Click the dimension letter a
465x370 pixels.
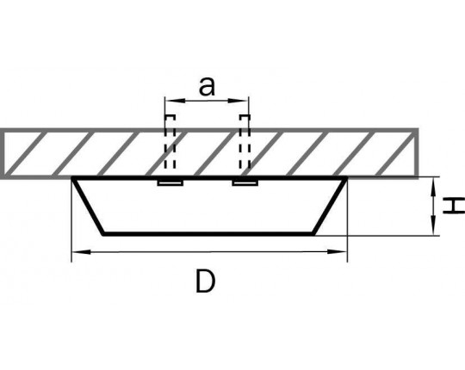[207, 86]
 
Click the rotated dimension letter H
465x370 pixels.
[454, 206]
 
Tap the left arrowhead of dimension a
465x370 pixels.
[173, 101]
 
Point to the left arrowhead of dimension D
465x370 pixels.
[81, 252]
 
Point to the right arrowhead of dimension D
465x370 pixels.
[337, 252]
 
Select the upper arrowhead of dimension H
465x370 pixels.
[433, 187]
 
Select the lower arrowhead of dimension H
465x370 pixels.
[433, 226]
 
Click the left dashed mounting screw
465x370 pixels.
[170, 142]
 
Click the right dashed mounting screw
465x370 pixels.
[245, 142]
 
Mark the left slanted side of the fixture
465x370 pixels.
[89, 206]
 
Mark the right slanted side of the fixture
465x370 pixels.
[330, 206]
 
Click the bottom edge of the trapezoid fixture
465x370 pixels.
[208, 234]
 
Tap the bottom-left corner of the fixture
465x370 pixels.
[103, 234]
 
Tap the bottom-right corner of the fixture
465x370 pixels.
[313, 234]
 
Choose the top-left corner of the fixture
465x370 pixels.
[72, 177]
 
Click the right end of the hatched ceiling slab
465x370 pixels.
[417, 153]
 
